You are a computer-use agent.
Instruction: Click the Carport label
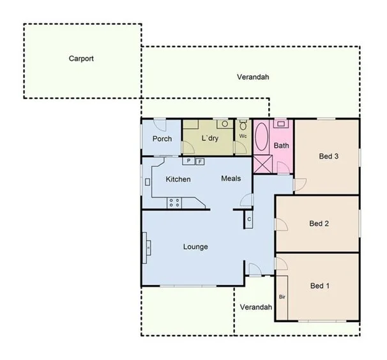point(81,58)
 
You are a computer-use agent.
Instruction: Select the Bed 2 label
point(319,223)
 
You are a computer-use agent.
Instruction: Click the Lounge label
point(195,247)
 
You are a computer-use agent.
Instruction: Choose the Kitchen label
point(178,179)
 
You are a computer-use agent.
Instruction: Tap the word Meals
point(231,178)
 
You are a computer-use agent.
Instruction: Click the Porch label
point(162,139)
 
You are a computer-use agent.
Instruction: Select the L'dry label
point(210,138)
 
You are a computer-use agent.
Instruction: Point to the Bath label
point(281,146)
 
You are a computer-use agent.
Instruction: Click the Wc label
point(243,136)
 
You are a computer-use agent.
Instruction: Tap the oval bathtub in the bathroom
point(262,137)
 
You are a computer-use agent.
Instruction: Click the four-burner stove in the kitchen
point(174,203)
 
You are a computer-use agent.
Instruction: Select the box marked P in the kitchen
point(189,161)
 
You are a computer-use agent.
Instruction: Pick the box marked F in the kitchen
point(199,162)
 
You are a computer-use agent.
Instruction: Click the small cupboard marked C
point(249,219)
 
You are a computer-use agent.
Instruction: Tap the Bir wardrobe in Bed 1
point(282,297)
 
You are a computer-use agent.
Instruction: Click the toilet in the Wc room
point(243,125)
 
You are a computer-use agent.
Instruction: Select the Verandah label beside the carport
point(253,77)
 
